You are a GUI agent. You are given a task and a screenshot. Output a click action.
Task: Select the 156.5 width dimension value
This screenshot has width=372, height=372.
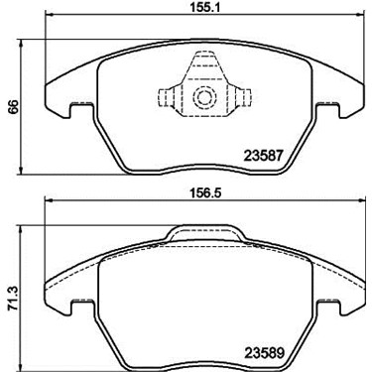click(x=204, y=192)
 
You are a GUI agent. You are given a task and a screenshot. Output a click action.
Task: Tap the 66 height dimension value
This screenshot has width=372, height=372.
click(x=14, y=106)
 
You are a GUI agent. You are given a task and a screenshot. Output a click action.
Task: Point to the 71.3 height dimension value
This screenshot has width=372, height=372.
click(x=14, y=301)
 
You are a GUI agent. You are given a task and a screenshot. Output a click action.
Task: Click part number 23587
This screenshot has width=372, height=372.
click(x=263, y=156)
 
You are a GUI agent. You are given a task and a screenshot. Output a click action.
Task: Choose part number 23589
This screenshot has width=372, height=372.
click(x=264, y=353)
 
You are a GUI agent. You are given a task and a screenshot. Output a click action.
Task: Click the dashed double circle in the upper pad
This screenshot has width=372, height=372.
click(x=202, y=97)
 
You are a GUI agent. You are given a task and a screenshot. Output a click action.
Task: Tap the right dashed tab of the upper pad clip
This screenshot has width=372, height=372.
click(x=244, y=98)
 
